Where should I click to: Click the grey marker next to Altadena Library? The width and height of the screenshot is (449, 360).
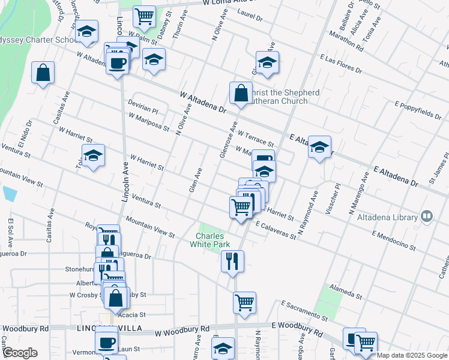427,215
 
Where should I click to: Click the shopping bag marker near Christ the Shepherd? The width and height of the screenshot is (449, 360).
241,94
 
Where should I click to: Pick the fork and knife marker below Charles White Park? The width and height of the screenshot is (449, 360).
232,261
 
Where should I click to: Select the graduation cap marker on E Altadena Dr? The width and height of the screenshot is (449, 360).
319,147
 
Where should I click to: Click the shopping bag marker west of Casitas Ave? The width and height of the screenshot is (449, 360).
43,73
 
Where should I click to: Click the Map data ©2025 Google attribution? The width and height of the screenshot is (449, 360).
412,355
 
